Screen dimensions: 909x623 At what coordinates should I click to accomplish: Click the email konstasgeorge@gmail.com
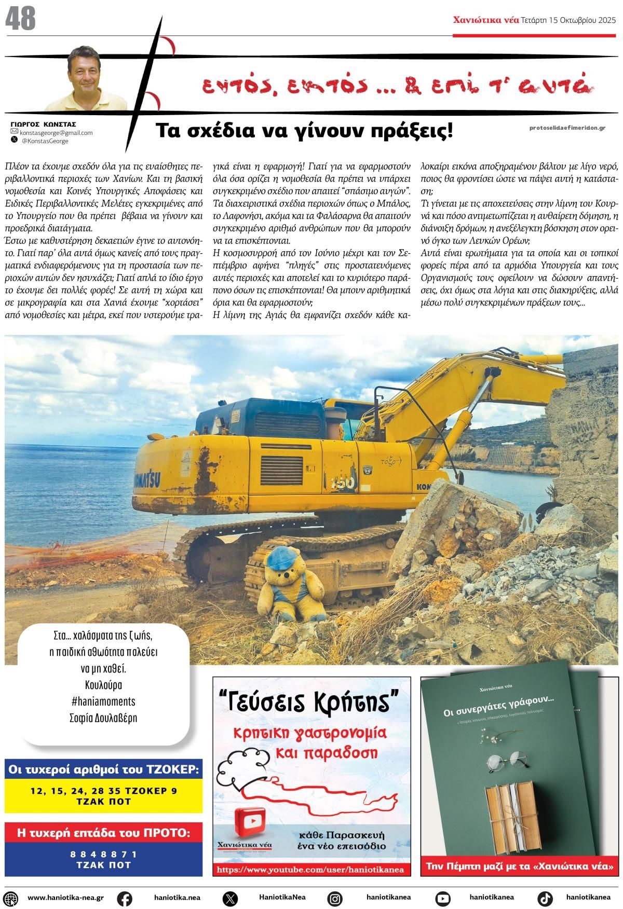point(56,133)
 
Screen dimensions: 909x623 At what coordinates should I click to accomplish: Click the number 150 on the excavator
point(343,483)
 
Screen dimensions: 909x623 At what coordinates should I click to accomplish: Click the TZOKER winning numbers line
point(103,791)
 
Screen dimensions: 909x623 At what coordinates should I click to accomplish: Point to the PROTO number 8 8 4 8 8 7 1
point(103,854)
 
